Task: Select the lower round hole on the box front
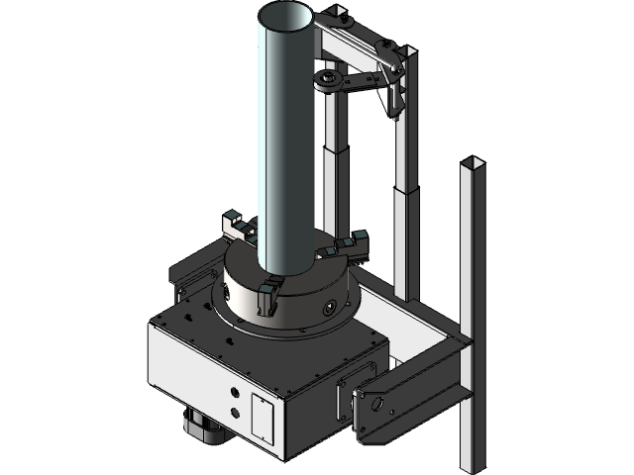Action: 235,412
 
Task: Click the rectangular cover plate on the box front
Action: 264,416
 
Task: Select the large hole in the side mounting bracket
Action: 376,405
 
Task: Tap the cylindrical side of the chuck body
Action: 297,307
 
